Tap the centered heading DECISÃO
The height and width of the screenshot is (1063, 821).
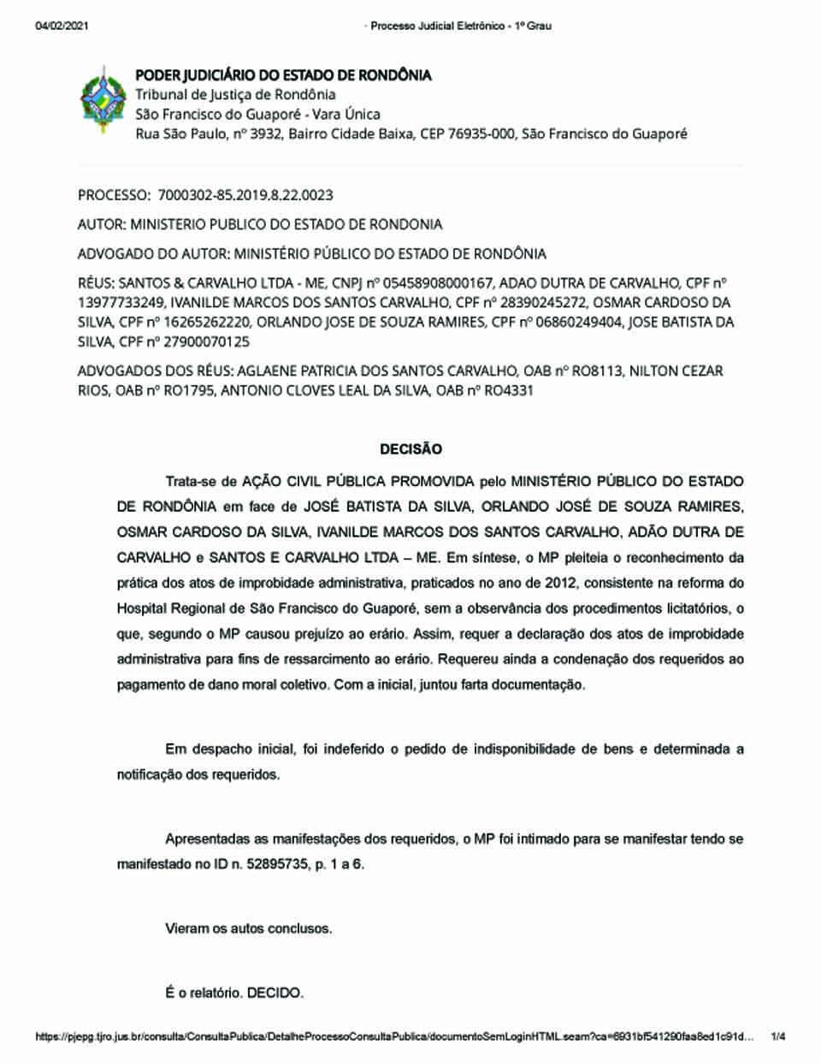pyautogui.click(x=410, y=448)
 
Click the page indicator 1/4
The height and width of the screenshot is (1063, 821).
pyautogui.click(x=778, y=1037)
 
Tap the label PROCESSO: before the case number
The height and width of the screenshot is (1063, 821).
pyautogui.click(x=115, y=195)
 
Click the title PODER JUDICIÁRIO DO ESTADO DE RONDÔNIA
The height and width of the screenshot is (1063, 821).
pyautogui.click(x=283, y=75)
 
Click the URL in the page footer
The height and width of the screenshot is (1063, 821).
pyautogui.click(x=393, y=1037)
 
